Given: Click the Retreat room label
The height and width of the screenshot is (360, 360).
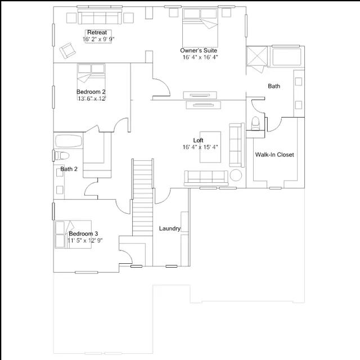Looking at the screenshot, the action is click(x=97, y=33).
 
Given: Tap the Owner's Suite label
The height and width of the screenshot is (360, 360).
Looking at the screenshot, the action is click(x=199, y=51).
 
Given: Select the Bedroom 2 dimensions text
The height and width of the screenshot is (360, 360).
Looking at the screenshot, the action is click(x=92, y=99).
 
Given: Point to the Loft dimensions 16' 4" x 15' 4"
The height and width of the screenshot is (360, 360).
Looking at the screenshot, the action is click(x=200, y=147).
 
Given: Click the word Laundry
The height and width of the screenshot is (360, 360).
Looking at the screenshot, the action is click(x=170, y=228).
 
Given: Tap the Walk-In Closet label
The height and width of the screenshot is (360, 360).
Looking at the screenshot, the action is click(x=274, y=155).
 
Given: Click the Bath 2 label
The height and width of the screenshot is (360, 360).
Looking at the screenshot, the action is click(x=69, y=169).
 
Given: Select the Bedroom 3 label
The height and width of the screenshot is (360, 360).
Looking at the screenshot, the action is click(x=83, y=234).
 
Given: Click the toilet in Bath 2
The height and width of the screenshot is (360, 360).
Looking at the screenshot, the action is click(x=61, y=155).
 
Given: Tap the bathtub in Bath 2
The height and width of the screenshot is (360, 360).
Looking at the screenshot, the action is click(x=69, y=141).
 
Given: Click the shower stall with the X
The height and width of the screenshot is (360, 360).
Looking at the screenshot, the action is click(x=257, y=56).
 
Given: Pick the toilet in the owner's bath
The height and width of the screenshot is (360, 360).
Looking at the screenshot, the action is click(x=255, y=124).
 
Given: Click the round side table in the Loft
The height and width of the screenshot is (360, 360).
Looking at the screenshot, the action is click(x=236, y=175).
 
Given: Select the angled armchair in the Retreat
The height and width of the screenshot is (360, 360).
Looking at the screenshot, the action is click(x=67, y=50).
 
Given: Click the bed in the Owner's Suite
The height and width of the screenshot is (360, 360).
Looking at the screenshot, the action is click(x=200, y=28).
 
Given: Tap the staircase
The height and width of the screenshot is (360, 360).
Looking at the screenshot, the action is click(x=142, y=197).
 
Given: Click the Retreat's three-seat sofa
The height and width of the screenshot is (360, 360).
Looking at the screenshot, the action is click(x=100, y=17).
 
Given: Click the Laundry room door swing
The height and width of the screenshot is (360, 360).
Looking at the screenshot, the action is click(x=163, y=196).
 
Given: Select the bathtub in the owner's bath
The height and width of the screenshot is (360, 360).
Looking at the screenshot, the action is click(x=287, y=57).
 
